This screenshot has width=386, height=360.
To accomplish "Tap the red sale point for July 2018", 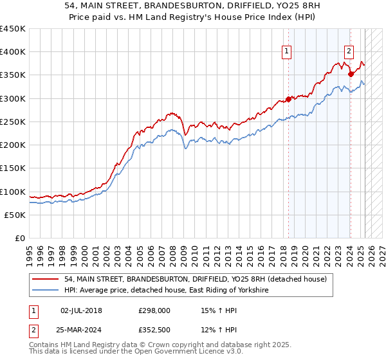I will pos(288,99).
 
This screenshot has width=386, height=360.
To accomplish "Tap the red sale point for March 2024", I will pos(351,74).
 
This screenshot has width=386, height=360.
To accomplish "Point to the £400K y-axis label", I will pos(13,52).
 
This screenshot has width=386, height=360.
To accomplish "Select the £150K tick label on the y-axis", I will pos(13,168).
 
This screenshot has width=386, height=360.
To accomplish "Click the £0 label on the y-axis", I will pos(19,239).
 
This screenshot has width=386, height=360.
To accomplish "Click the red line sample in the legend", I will pos(46,279).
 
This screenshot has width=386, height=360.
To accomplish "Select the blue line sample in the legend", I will pos(46,291).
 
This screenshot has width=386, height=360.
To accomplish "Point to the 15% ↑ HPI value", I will pos(219,310).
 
